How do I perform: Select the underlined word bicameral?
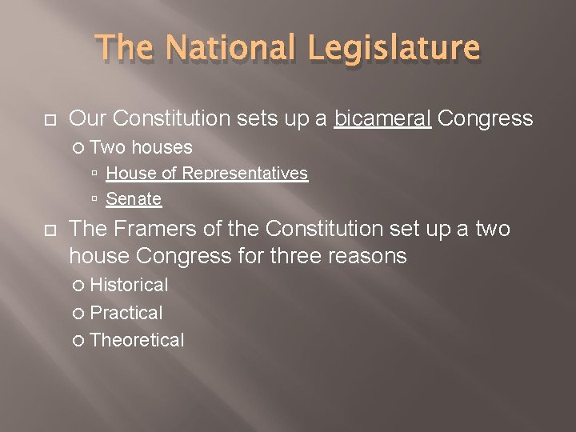pos(383,119)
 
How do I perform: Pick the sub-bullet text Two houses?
pos(141,147)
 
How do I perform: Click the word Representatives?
pos(245,174)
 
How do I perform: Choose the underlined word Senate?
pos(134,199)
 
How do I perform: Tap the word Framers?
pos(150,230)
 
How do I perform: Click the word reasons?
pos(372,257)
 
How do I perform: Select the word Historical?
pos(129,286)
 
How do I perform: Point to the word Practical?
pos(126,313)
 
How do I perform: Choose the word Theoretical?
pos(137,340)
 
